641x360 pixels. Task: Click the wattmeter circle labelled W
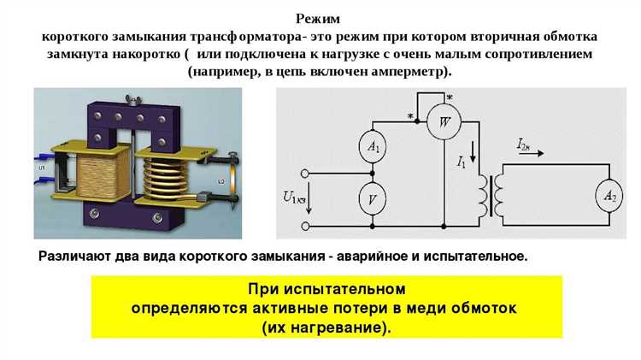click(444, 121)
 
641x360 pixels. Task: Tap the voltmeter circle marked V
click(373, 198)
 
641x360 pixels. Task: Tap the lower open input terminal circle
click(305, 225)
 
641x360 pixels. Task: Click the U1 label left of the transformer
click(42, 168)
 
